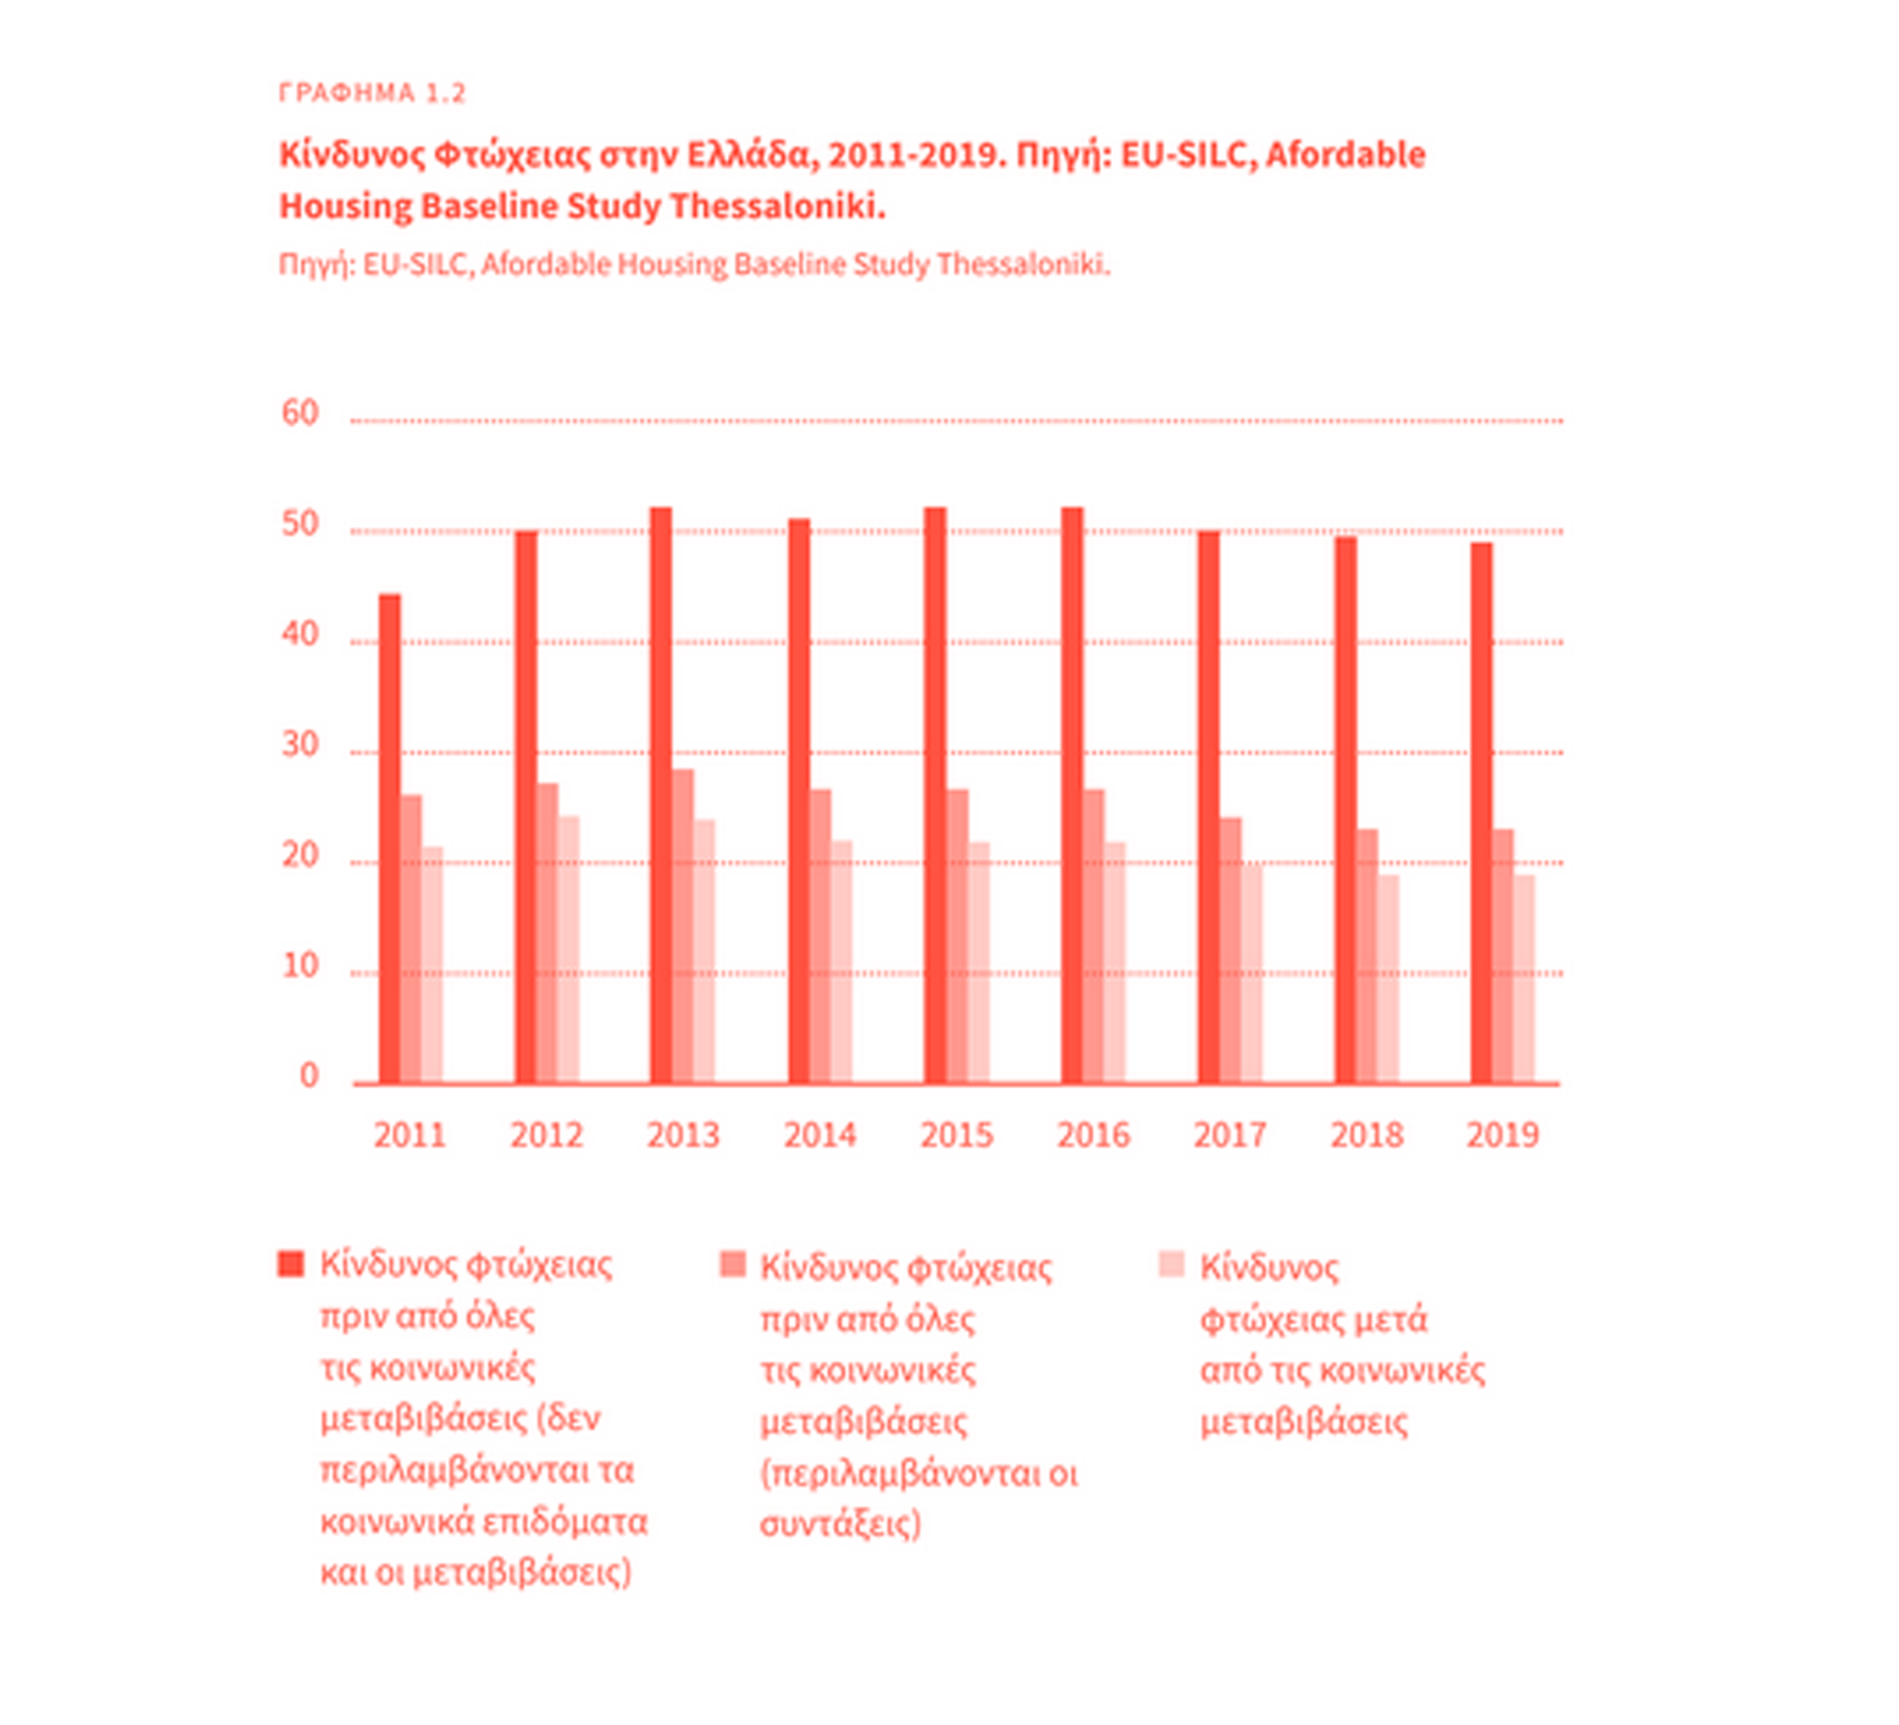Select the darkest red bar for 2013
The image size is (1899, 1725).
[661, 795]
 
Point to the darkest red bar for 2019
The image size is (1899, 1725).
[1481, 813]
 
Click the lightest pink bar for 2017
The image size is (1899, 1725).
[1251, 973]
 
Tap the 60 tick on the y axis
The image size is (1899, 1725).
[300, 412]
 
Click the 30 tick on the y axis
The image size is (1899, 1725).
[300, 745]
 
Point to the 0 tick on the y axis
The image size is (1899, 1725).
[310, 1076]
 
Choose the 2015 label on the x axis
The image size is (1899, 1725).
[956, 1135]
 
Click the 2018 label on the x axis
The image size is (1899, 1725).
[1366, 1135]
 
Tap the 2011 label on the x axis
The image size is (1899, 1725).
[409, 1135]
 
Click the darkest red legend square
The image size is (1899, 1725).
[292, 1264]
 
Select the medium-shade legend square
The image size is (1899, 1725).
[732, 1265]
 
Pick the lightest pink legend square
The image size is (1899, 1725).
[1171, 1265]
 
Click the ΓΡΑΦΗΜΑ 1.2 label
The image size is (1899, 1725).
[372, 93]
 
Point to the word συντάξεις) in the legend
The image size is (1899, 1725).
[840, 1523]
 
